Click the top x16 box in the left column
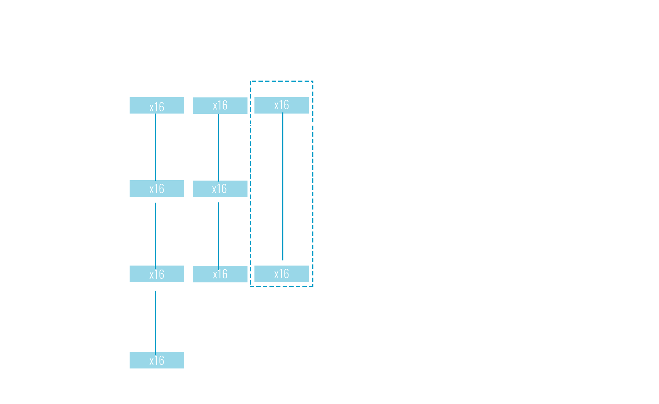pyautogui.click(x=157, y=105)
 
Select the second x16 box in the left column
pyautogui.click(x=157, y=189)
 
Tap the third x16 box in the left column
pyautogui.click(x=157, y=274)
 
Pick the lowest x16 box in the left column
pyautogui.click(x=157, y=360)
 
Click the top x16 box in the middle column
pyautogui.click(x=220, y=105)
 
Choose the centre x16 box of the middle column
pyautogui.click(x=220, y=189)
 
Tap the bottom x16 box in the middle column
pyautogui.click(x=220, y=274)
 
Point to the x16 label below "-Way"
pyautogui.click(x=282, y=105)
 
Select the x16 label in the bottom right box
pyautogui.click(x=282, y=274)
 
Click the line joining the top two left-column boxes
pyautogui.click(x=155, y=147)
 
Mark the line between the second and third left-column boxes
pyautogui.click(x=155, y=231)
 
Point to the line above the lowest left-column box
pyautogui.click(x=155, y=317)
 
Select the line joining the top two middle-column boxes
pyautogui.click(x=219, y=147)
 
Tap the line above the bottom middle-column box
pyautogui.click(x=219, y=231)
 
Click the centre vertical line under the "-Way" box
pyautogui.click(x=283, y=190)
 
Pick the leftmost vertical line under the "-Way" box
pyautogui.click(x=250, y=190)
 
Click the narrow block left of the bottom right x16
pyautogui.click(x=258, y=274)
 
